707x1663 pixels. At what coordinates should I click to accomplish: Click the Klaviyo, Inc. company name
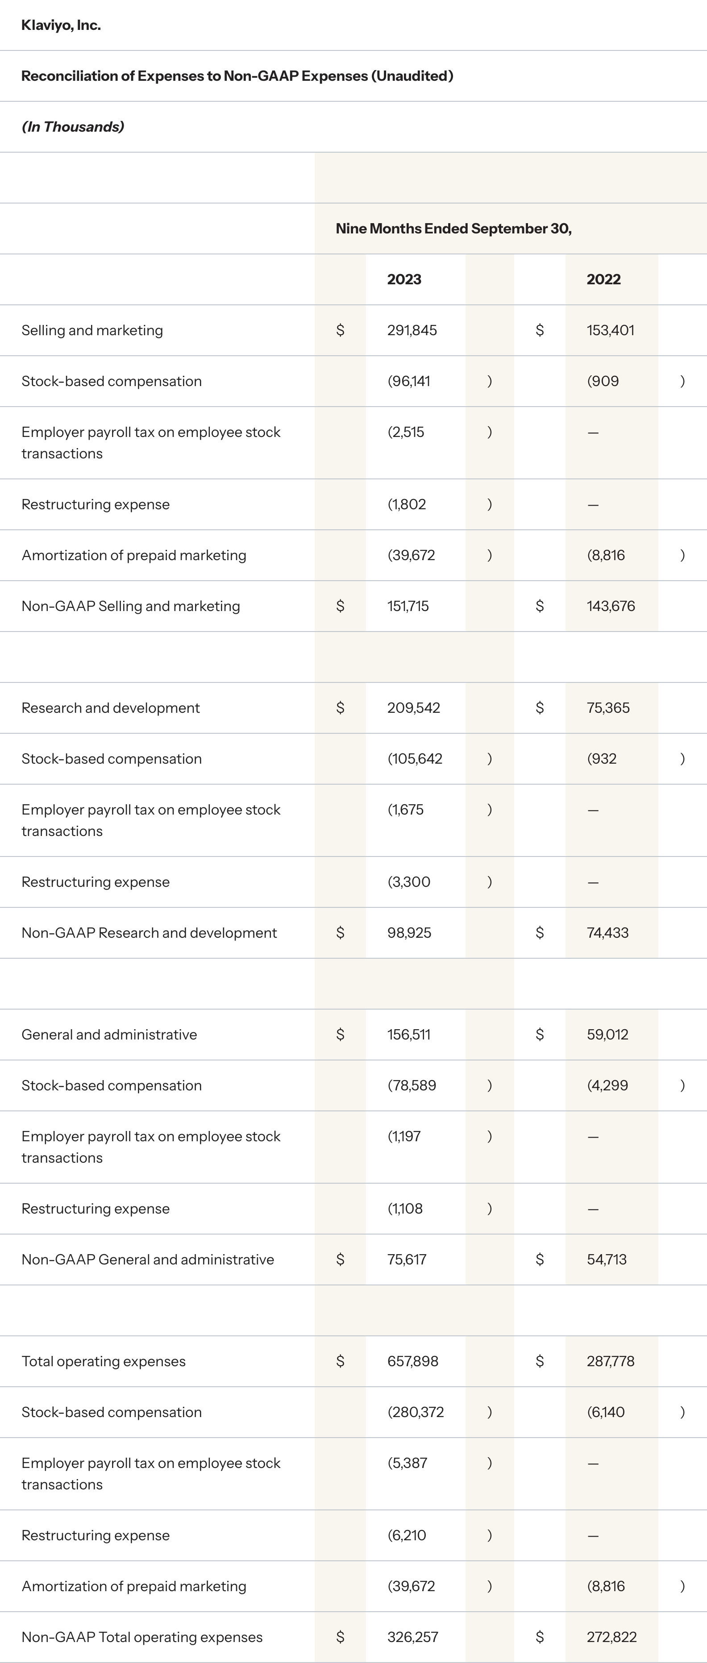click(61, 25)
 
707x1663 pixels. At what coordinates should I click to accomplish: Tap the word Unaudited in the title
click(412, 76)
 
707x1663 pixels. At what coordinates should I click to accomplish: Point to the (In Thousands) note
click(72, 127)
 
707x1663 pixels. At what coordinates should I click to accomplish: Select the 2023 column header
click(404, 279)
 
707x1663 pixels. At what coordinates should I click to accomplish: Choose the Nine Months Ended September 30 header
click(453, 229)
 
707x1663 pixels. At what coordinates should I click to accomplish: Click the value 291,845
click(412, 331)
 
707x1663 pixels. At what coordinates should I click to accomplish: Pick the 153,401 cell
click(610, 331)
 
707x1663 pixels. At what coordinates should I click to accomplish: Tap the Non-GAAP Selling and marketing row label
click(130, 606)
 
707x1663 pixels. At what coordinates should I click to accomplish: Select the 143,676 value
click(611, 606)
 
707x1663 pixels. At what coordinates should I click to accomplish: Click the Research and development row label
click(110, 708)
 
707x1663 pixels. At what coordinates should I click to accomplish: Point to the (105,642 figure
click(415, 759)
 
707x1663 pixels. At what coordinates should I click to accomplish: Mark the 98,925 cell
click(409, 933)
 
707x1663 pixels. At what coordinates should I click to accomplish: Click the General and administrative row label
click(109, 1035)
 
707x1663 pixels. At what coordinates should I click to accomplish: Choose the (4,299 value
click(607, 1086)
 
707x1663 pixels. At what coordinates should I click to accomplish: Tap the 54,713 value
click(606, 1260)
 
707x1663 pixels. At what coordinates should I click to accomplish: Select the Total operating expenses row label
click(103, 1362)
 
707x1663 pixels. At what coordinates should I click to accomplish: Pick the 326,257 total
click(412, 1637)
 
